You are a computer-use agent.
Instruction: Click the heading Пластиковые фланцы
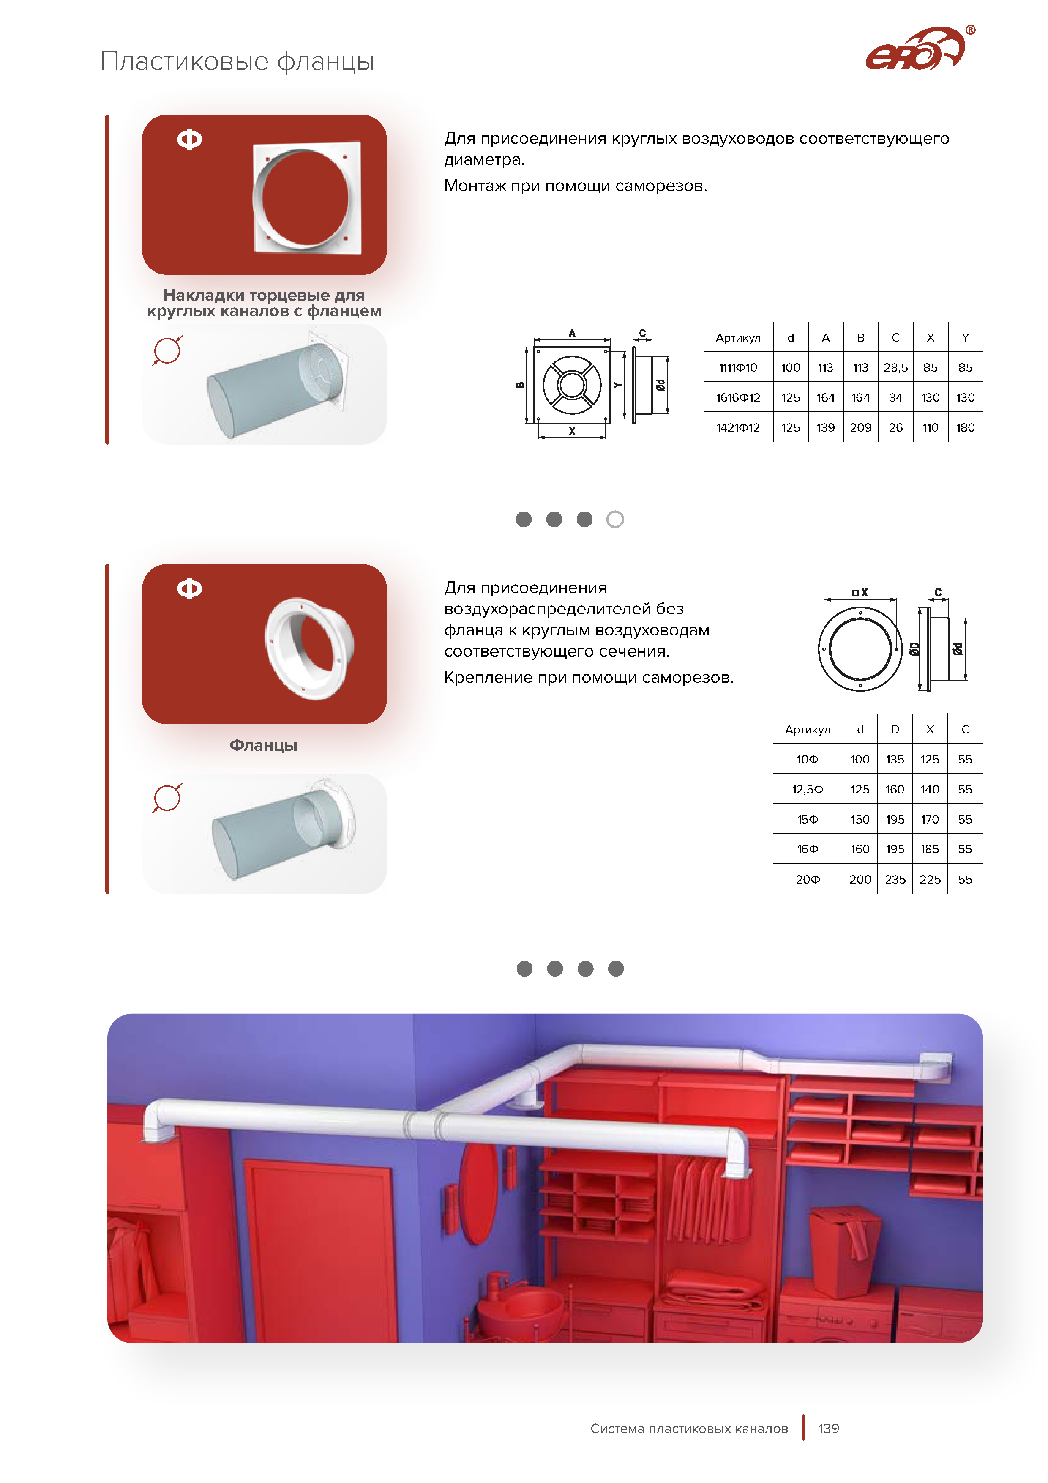(x=237, y=61)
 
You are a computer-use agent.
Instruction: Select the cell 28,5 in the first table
(x=895, y=367)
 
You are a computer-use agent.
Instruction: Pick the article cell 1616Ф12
(x=738, y=398)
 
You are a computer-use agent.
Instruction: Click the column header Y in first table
(x=965, y=338)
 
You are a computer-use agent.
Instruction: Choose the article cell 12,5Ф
(x=808, y=789)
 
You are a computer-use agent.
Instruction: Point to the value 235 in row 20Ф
(x=895, y=879)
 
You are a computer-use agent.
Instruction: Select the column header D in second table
(x=895, y=730)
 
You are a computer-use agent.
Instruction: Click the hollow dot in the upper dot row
(x=615, y=519)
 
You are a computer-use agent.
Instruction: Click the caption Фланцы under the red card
(x=263, y=745)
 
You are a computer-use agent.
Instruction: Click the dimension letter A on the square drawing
(x=572, y=333)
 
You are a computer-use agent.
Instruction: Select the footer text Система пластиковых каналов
(x=689, y=1429)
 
